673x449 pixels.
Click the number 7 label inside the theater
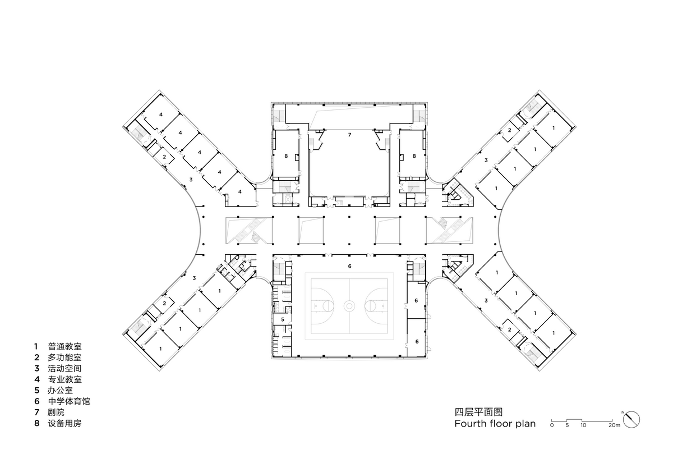pos(349,135)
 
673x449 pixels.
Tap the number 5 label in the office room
pos(283,319)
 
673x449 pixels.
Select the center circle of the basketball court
pos(349,306)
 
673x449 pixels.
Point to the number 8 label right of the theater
pos(414,156)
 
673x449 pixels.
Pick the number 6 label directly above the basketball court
pos(349,266)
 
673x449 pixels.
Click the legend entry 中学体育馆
pos(68,401)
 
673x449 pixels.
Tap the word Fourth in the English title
pos(471,424)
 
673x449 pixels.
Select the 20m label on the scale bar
pos(614,426)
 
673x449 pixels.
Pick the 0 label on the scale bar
pos(552,426)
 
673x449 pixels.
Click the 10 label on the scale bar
pos(583,426)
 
